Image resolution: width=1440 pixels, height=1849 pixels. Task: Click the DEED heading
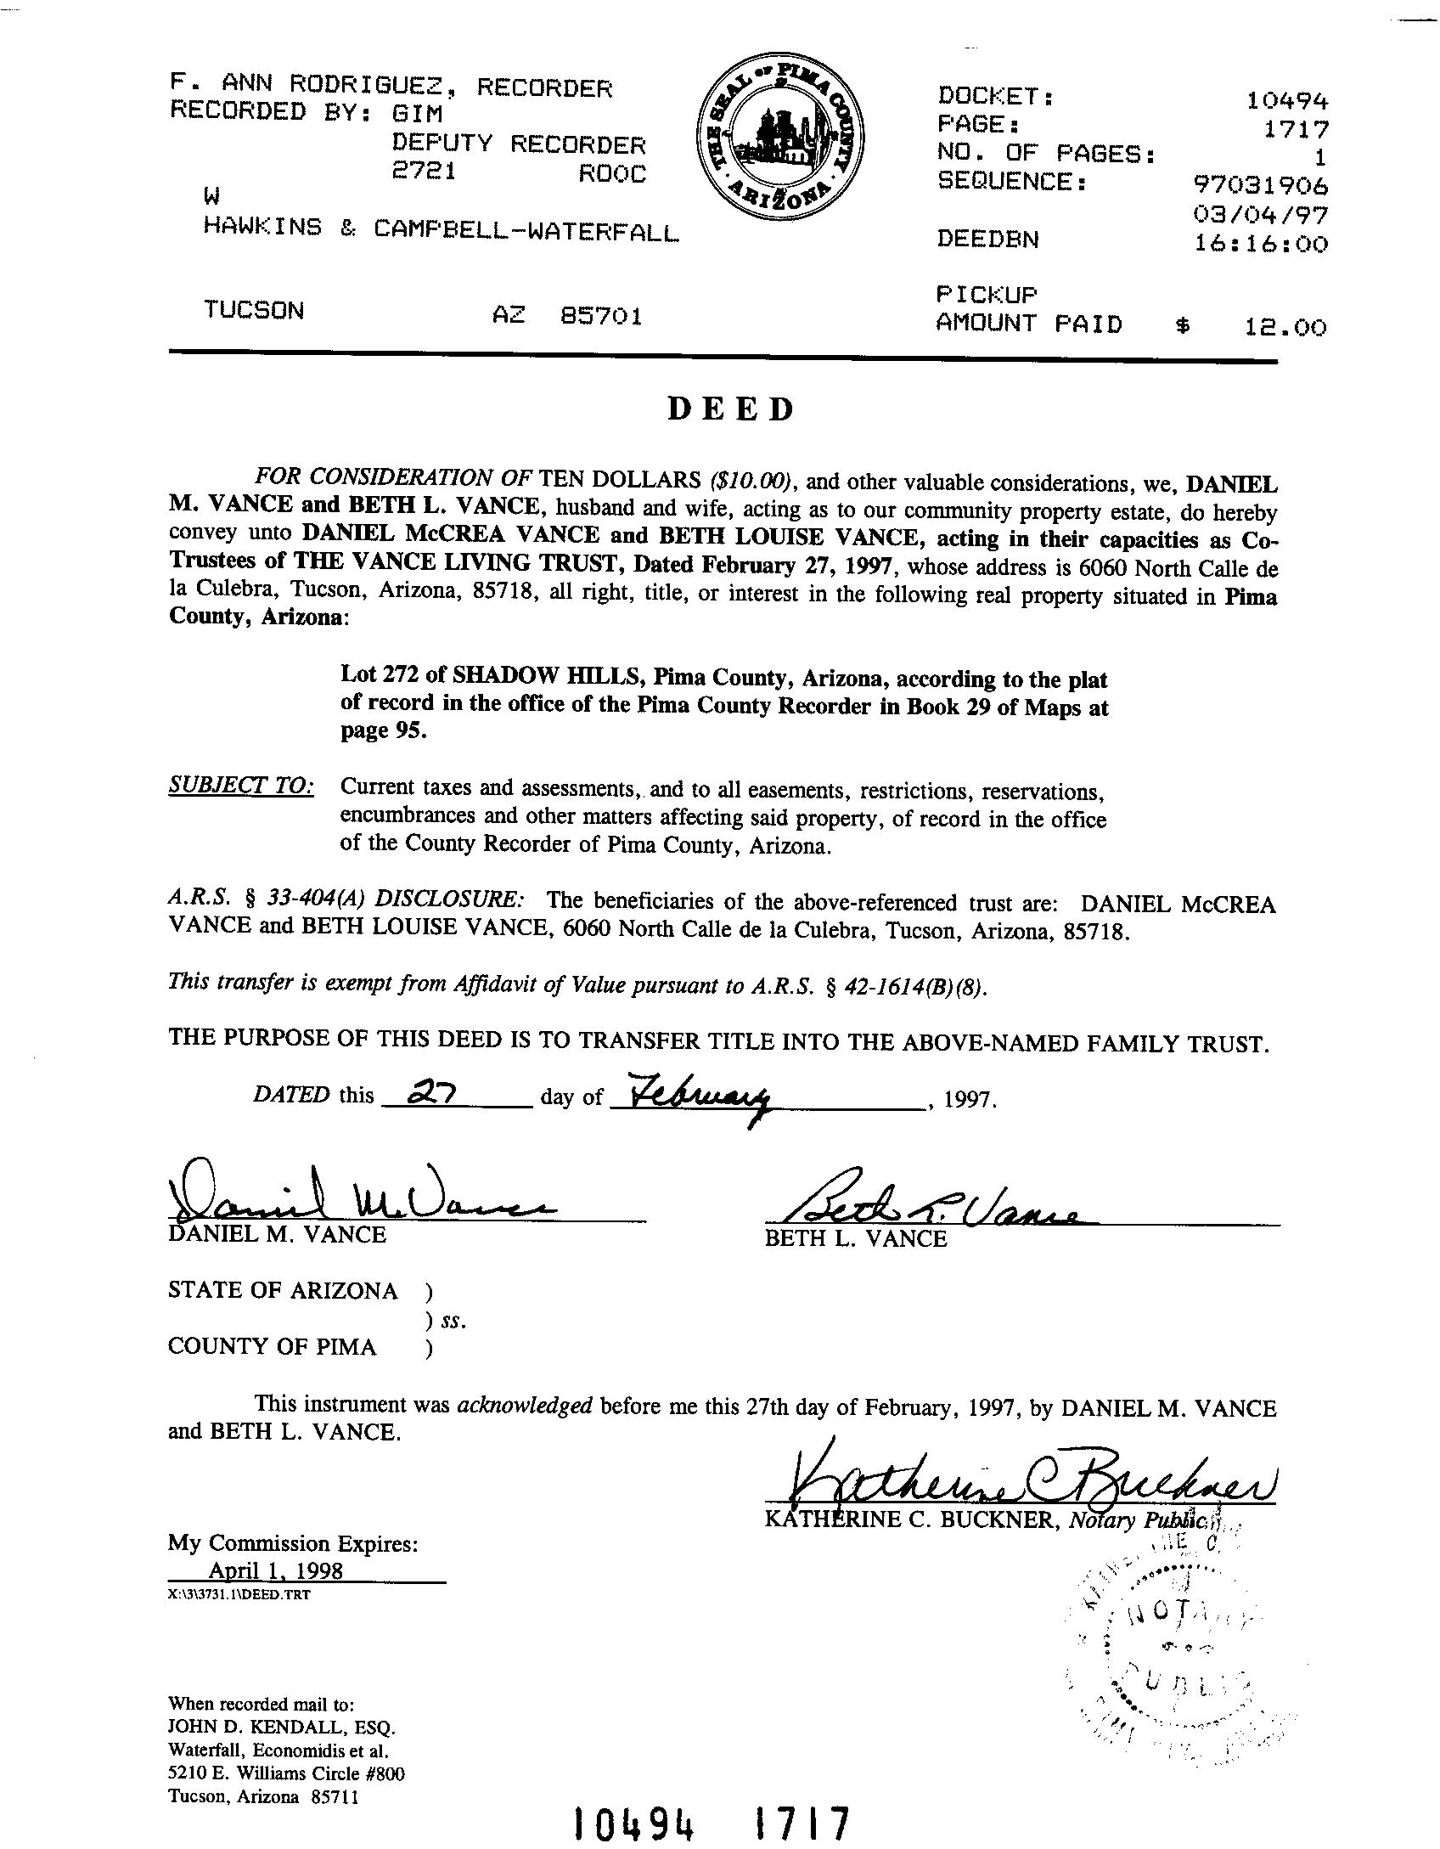point(730,409)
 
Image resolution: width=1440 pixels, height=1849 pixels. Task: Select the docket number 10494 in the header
point(1286,101)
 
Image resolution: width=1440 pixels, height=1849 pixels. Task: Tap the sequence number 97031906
point(1261,185)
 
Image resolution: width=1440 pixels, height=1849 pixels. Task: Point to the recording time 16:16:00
point(1261,245)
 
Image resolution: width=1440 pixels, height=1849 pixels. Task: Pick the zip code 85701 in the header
point(601,317)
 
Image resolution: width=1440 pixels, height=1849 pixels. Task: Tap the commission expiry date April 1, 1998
point(276,1570)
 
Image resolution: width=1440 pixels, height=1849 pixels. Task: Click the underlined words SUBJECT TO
point(241,786)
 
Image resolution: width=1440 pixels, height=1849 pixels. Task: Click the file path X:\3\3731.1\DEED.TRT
point(239,1594)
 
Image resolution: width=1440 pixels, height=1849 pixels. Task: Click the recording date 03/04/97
point(1261,215)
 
